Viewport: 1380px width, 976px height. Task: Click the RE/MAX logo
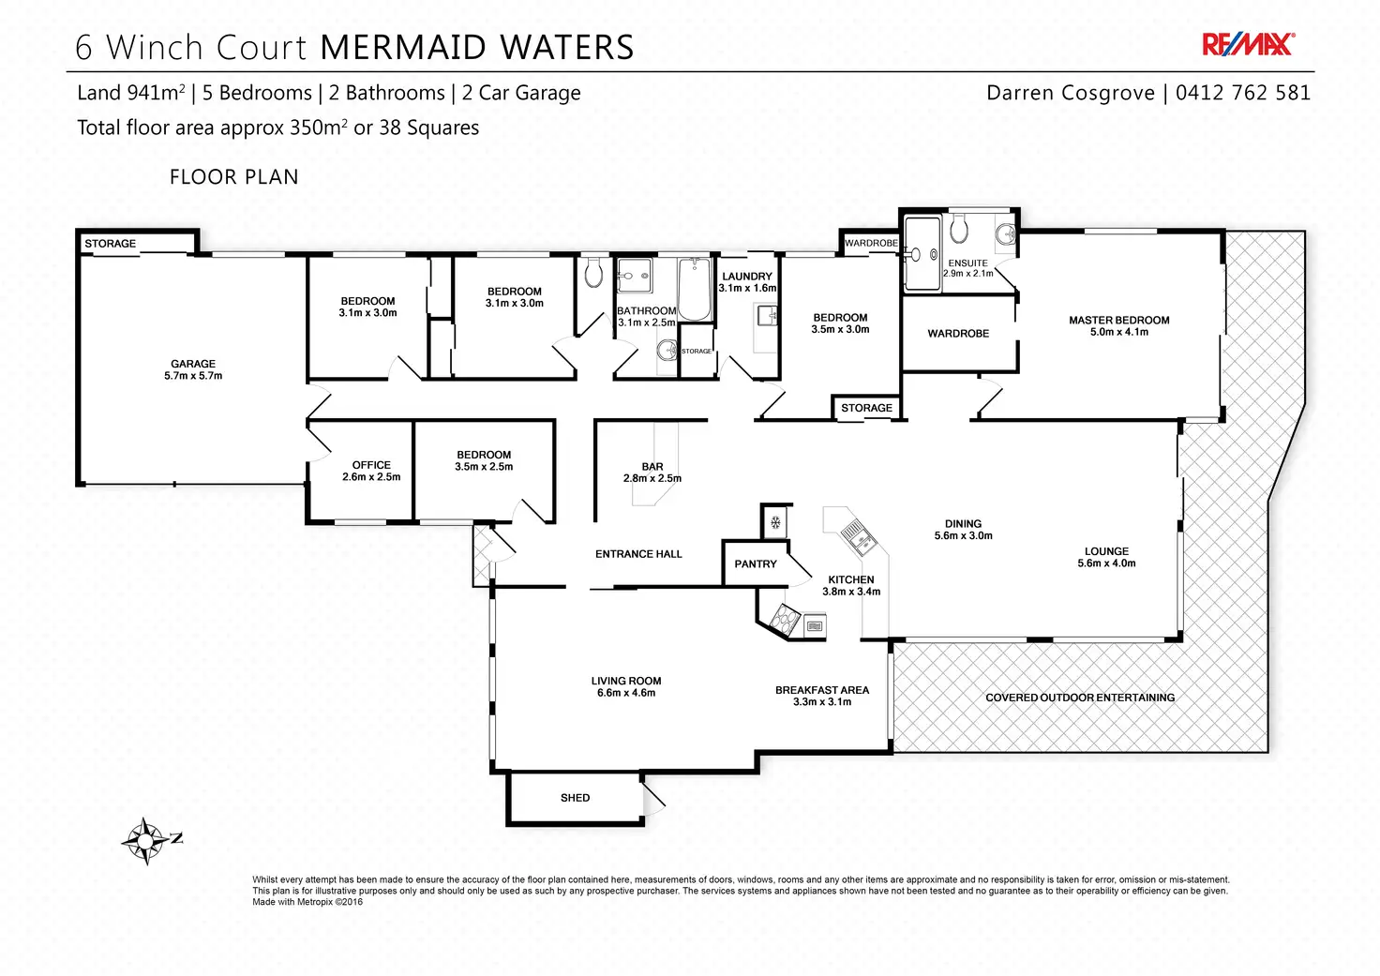[x=1248, y=44]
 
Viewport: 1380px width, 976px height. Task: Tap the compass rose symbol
[x=145, y=840]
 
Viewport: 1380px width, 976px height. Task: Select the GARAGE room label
[x=193, y=364]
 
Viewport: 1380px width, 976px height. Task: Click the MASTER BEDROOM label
[x=1118, y=320]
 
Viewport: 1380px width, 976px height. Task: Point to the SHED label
[x=575, y=798]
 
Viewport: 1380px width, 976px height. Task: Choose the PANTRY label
[x=756, y=564]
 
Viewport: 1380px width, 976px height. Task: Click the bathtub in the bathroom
[x=695, y=290]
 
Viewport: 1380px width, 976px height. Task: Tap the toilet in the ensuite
[x=958, y=230]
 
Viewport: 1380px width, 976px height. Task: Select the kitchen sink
[x=857, y=536]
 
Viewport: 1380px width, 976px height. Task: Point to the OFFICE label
[x=371, y=465]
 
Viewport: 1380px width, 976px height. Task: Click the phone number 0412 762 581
[x=1242, y=93]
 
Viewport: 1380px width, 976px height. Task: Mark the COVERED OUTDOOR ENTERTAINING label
[x=1080, y=698]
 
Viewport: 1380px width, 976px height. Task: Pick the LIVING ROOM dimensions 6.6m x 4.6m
[x=626, y=693]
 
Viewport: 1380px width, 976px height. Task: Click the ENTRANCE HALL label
[x=638, y=554]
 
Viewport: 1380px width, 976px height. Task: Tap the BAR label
[x=652, y=467]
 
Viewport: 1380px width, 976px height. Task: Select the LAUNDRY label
[x=747, y=277]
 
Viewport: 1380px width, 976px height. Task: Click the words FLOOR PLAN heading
[x=234, y=177]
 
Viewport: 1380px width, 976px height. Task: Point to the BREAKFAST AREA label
[x=822, y=690]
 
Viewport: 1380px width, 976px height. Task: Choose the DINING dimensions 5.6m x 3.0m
[x=963, y=536]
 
